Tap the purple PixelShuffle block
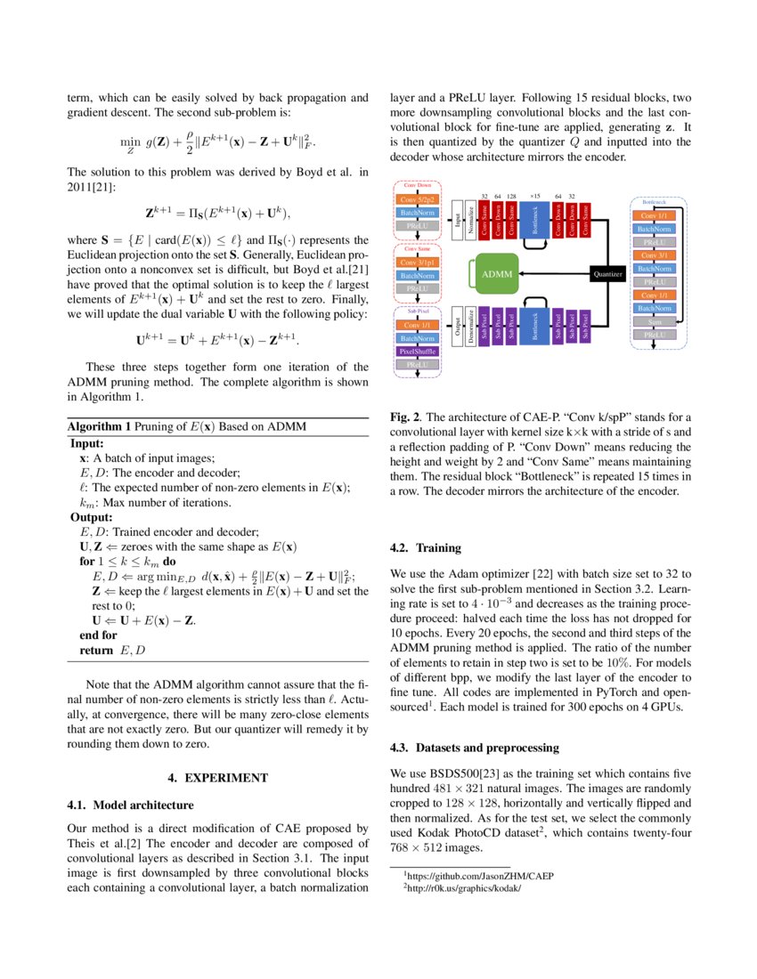(417, 352)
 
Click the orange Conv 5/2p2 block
(417, 200)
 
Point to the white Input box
(458, 219)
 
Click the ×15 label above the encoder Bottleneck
(534, 196)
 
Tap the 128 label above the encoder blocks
(511, 196)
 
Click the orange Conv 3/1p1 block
(417, 263)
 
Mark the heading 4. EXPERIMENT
(218, 777)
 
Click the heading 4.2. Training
(426, 548)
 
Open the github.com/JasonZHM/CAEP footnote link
(480, 876)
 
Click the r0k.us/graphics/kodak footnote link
(463, 888)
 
